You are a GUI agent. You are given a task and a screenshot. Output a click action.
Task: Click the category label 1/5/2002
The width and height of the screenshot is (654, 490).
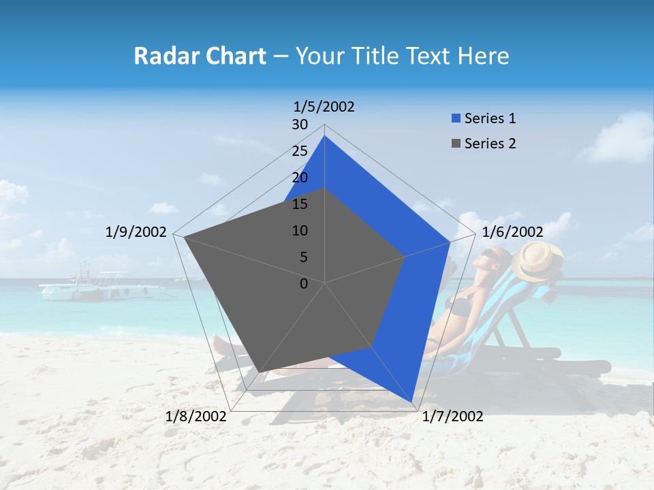(324, 106)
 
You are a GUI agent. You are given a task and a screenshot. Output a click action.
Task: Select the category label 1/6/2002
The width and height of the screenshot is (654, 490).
(512, 232)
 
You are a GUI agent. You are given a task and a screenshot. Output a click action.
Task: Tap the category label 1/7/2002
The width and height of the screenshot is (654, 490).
(452, 416)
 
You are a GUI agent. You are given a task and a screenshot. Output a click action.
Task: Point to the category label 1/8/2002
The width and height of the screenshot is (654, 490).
(196, 416)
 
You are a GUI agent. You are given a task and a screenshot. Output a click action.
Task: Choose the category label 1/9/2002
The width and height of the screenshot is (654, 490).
(136, 232)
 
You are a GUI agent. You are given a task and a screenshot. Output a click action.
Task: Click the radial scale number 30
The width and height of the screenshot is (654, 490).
(300, 125)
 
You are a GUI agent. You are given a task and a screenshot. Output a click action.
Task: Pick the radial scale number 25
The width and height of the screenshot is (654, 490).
(300, 151)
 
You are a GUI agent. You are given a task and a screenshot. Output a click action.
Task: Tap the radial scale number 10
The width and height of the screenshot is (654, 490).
(300, 231)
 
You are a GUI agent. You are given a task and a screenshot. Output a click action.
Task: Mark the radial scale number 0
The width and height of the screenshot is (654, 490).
(304, 284)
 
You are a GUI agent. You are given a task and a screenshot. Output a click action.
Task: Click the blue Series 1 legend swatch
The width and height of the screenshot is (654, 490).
(456, 118)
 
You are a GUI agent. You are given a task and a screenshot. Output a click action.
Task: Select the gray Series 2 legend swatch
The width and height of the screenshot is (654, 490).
(456, 144)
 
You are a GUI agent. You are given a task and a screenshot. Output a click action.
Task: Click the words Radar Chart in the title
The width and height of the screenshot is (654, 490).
(200, 56)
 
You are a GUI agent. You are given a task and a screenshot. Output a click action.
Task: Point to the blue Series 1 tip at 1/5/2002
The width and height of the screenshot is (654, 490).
(324, 136)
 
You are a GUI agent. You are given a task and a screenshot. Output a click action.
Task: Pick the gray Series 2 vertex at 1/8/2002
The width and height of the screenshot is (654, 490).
(260, 372)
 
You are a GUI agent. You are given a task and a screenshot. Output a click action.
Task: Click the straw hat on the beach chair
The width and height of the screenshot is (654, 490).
(538, 261)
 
